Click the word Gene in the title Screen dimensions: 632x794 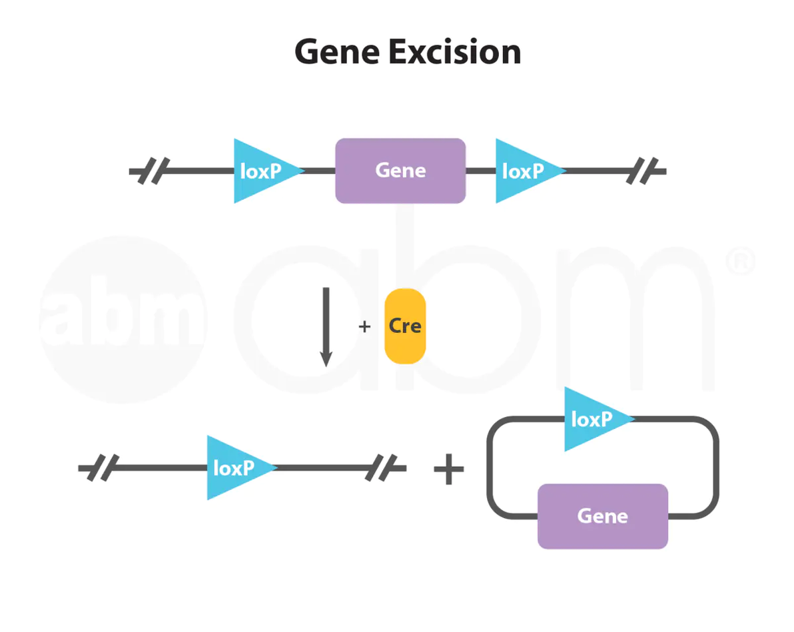pyautogui.click(x=337, y=52)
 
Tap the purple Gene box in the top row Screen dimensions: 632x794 pyautogui.click(x=400, y=170)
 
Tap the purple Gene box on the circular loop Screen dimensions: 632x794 pyautogui.click(x=602, y=516)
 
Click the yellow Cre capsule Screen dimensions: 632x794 pyautogui.click(x=405, y=326)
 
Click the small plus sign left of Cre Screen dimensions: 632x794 pyautogui.click(x=364, y=326)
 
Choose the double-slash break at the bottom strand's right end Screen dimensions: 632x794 pyautogui.click(x=384, y=468)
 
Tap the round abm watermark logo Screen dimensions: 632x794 pyautogui.click(x=125, y=320)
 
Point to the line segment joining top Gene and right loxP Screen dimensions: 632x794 pyautogui.click(x=480, y=171)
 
